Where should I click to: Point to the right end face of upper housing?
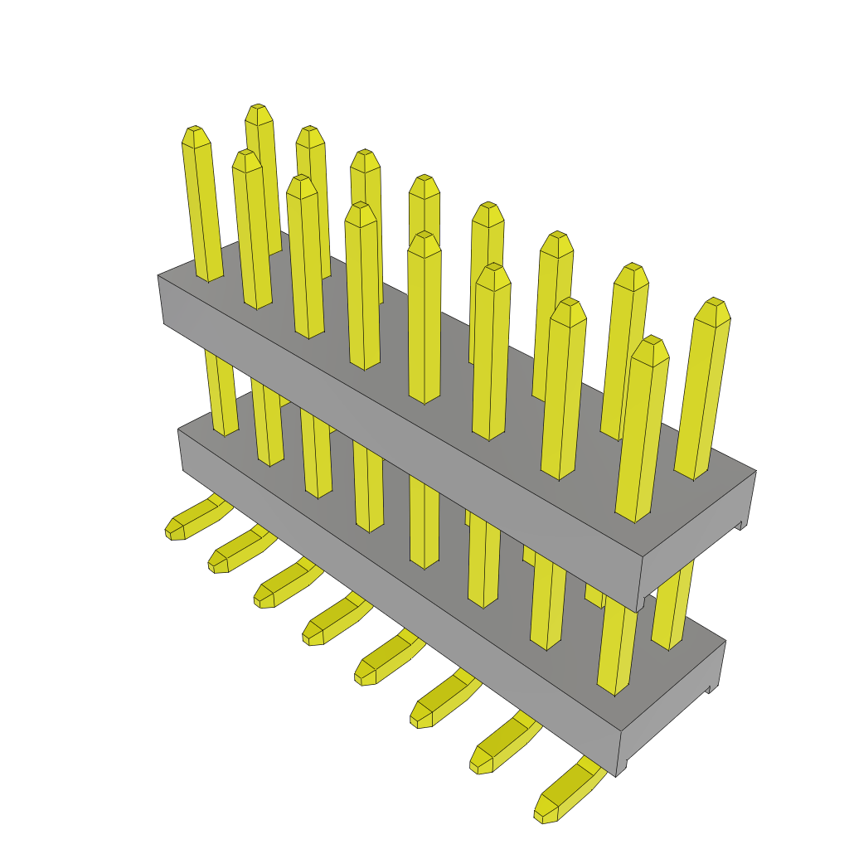(696, 539)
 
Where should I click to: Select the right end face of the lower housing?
(672, 705)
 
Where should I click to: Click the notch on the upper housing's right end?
(740, 523)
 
